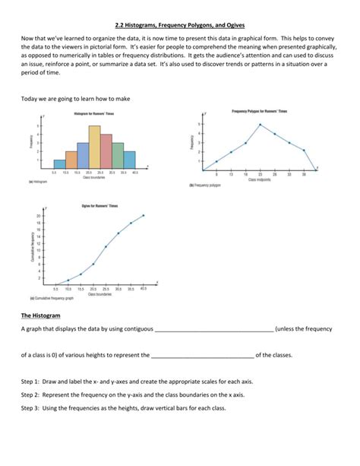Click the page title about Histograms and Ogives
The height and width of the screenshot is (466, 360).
180,25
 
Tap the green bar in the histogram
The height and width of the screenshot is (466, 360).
118,155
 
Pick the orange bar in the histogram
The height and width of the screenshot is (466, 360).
71,160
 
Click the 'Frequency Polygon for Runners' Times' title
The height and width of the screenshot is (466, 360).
259,111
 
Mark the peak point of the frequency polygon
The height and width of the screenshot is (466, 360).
261,125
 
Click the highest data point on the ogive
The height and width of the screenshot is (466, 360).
143,216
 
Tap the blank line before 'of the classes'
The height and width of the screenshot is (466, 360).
202,355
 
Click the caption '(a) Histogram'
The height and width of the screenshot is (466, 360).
38,182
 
